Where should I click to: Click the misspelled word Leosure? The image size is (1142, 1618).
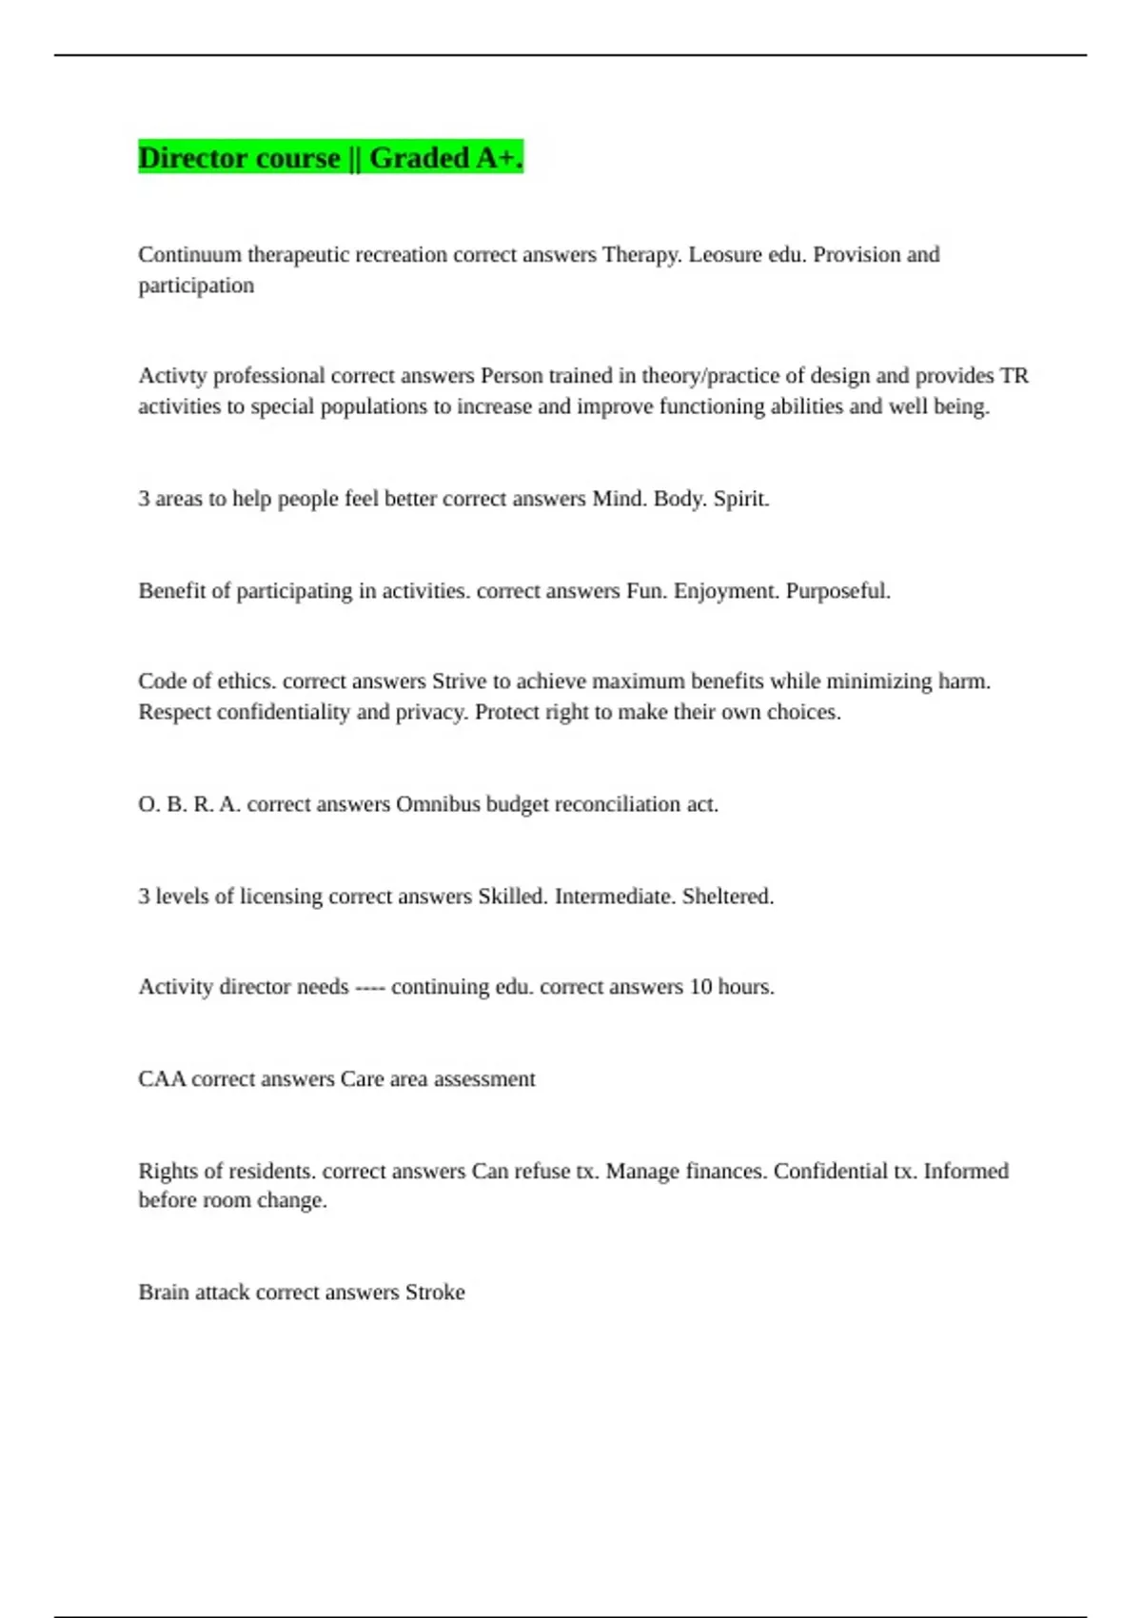pyautogui.click(x=725, y=255)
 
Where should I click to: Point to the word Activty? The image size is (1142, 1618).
pyautogui.click(x=171, y=376)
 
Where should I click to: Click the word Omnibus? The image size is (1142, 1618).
pyautogui.click(x=438, y=804)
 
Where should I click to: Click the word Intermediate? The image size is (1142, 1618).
pyautogui.click(x=614, y=897)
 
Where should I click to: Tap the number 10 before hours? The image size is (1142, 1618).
pyautogui.click(x=700, y=987)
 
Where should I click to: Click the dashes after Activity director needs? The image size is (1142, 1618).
pyautogui.click(x=369, y=987)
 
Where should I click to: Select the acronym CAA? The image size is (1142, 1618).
pyautogui.click(x=162, y=1079)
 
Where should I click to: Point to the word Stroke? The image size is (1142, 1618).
pyautogui.click(x=435, y=1292)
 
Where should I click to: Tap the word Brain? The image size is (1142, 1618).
pyautogui.click(x=163, y=1292)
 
